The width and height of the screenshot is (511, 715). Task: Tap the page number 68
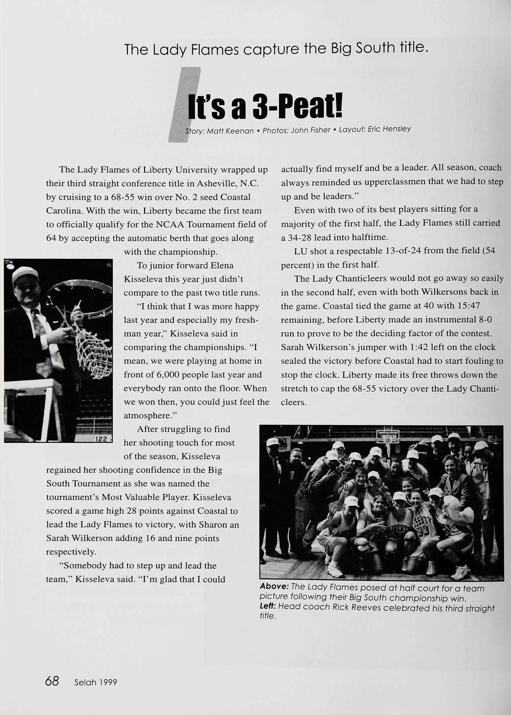pyautogui.click(x=52, y=681)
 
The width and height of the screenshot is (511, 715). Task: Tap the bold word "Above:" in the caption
pyautogui.click(x=274, y=588)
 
